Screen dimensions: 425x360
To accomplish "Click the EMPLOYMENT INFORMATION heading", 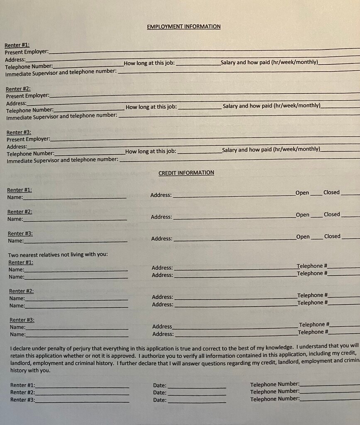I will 184,27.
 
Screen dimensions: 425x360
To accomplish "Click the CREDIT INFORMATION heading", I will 186,173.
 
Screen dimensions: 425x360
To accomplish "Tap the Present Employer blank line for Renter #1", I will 199,51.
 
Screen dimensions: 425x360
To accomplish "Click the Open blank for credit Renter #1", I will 316,194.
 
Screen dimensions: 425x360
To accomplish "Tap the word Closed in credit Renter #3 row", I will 332,236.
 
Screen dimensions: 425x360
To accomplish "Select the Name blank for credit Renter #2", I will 75,220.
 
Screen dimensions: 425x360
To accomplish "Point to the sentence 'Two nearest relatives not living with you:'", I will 58,254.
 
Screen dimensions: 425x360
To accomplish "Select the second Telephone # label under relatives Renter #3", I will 313,332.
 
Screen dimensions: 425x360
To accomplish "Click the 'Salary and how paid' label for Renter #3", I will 271,149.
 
